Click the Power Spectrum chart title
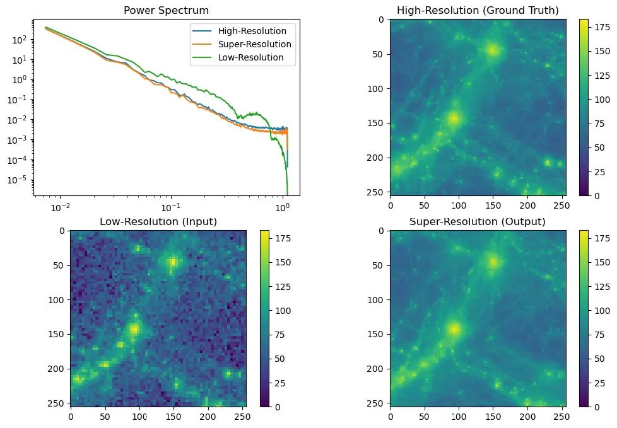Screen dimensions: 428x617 (x=167, y=10)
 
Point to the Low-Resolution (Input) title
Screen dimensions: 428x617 (x=158, y=221)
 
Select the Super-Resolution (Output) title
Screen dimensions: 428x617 (x=478, y=221)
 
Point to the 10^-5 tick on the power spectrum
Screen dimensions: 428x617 (x=18, y=180)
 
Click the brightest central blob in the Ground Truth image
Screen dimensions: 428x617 (x=453, y=117)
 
